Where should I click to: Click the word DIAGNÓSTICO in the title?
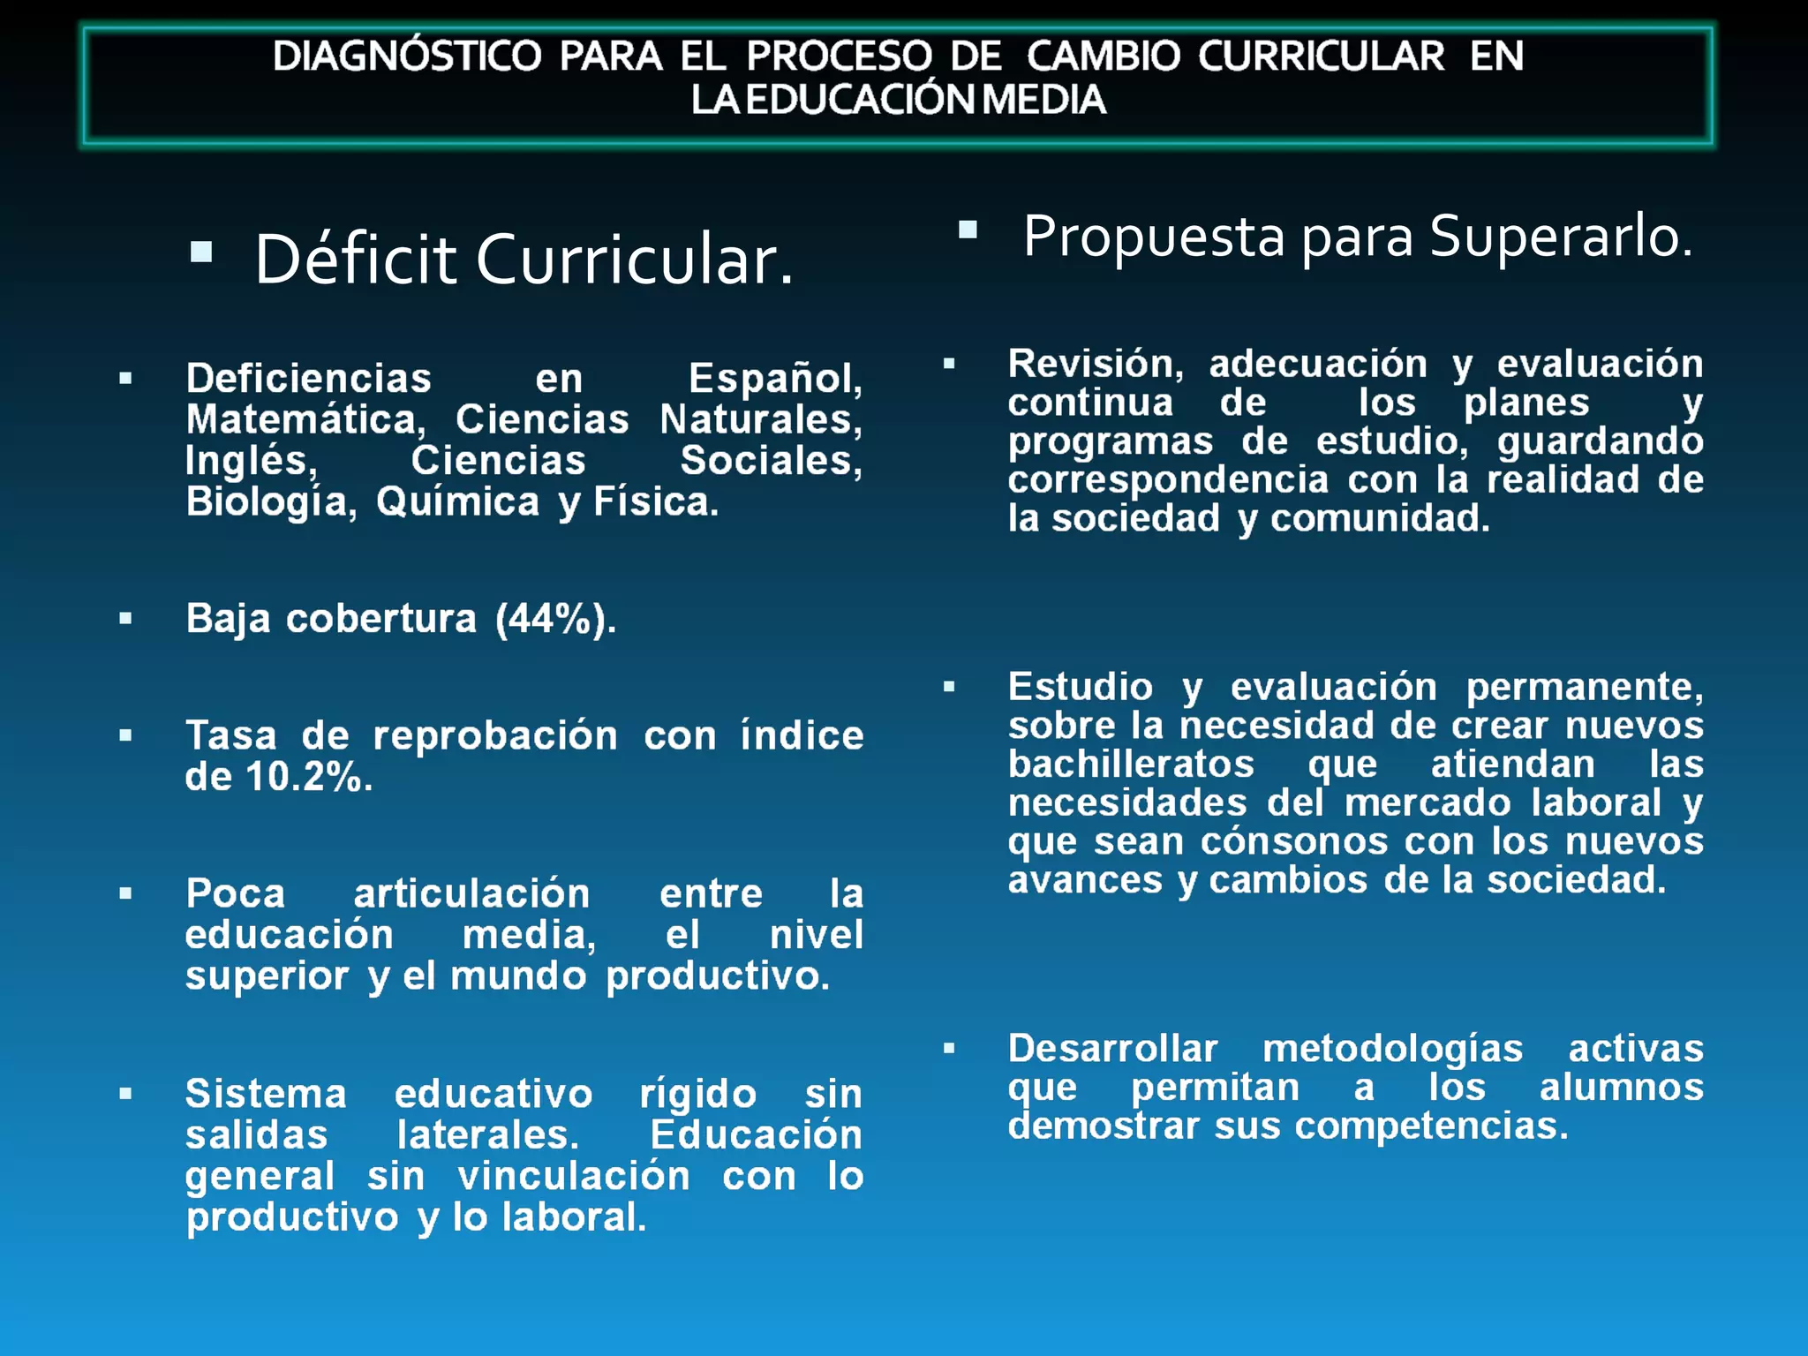(406, 56)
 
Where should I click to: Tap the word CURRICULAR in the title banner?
(1321, 56)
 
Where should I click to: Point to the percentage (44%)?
(554, 619)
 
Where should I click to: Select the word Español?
(774, 379)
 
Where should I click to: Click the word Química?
(457, 502)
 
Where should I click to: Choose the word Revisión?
(1096, 364)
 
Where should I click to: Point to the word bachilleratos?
(1131, 765)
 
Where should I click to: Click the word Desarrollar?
(1112, 1049)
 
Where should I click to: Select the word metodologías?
(1392, 1049)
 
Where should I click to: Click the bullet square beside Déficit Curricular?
(201, 252)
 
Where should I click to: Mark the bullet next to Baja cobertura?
(125, 619)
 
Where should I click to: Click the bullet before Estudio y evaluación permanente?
(949, 687)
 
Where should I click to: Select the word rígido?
(697, 1095)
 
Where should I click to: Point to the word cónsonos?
(1293, 841)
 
